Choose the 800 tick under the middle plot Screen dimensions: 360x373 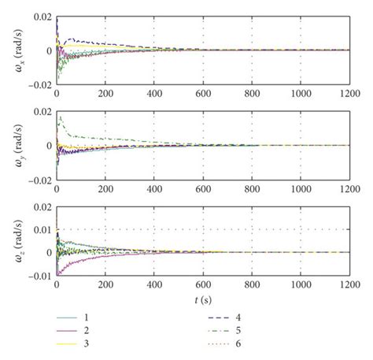point(252,189)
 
